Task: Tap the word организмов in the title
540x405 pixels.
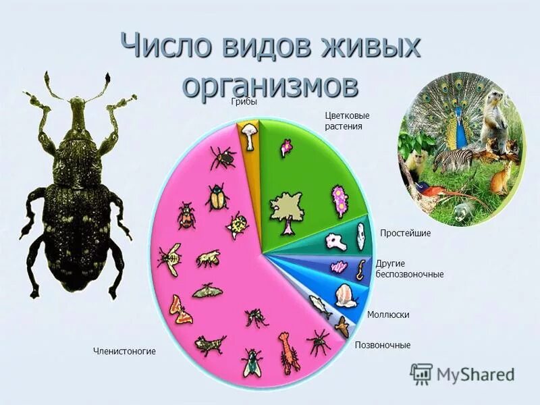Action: click(x=270, y=86)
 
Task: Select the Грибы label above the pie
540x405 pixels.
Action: click(x=244, y=102)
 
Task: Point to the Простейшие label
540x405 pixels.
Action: click(x=405, y=233)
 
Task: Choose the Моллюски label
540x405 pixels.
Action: click(x=388, y=315)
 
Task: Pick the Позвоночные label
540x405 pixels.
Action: click(x=383, y=345)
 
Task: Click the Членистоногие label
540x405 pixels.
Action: click(x=124, y=351)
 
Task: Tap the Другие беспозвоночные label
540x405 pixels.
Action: click(x=410, y=269)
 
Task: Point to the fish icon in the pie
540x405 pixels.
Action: click(x=321, y=307)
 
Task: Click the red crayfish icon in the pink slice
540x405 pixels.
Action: click(x=288, y=350)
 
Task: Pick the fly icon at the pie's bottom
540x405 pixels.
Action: click(x=252, y=361)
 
